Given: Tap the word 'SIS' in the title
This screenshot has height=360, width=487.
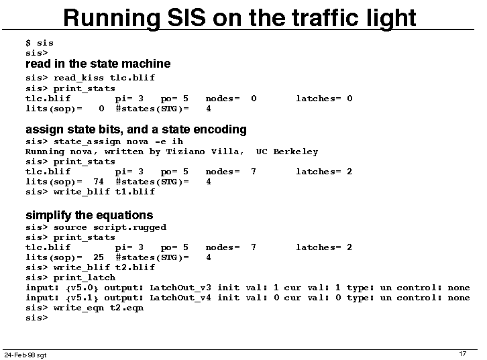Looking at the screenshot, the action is coord(186,17).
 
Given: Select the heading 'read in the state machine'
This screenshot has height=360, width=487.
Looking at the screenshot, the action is coord(98,64).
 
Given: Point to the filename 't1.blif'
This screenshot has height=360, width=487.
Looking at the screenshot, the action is coord(135,192).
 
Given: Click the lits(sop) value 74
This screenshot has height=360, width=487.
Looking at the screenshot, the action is coord(99,182).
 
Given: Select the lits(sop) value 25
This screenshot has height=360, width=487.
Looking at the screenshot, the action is coord(99,257).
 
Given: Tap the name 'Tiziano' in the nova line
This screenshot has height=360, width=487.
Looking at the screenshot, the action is coord(185,152).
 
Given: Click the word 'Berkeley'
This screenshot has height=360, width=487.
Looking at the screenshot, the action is coord(296,152).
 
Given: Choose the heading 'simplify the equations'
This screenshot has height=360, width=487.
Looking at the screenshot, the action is coord(89,215).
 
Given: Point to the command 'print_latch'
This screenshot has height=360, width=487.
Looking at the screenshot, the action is coord(84,278).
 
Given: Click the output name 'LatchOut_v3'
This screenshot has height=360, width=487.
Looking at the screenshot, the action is coord(180,288).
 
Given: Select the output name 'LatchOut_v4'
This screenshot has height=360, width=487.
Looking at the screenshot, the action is coord(180,298).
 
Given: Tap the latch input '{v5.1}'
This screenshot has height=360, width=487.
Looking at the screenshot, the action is coord(82,298).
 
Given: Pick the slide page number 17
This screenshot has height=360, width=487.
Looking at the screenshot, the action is coord(463,354).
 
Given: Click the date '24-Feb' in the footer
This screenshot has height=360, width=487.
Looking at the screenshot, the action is coord(15,355).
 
